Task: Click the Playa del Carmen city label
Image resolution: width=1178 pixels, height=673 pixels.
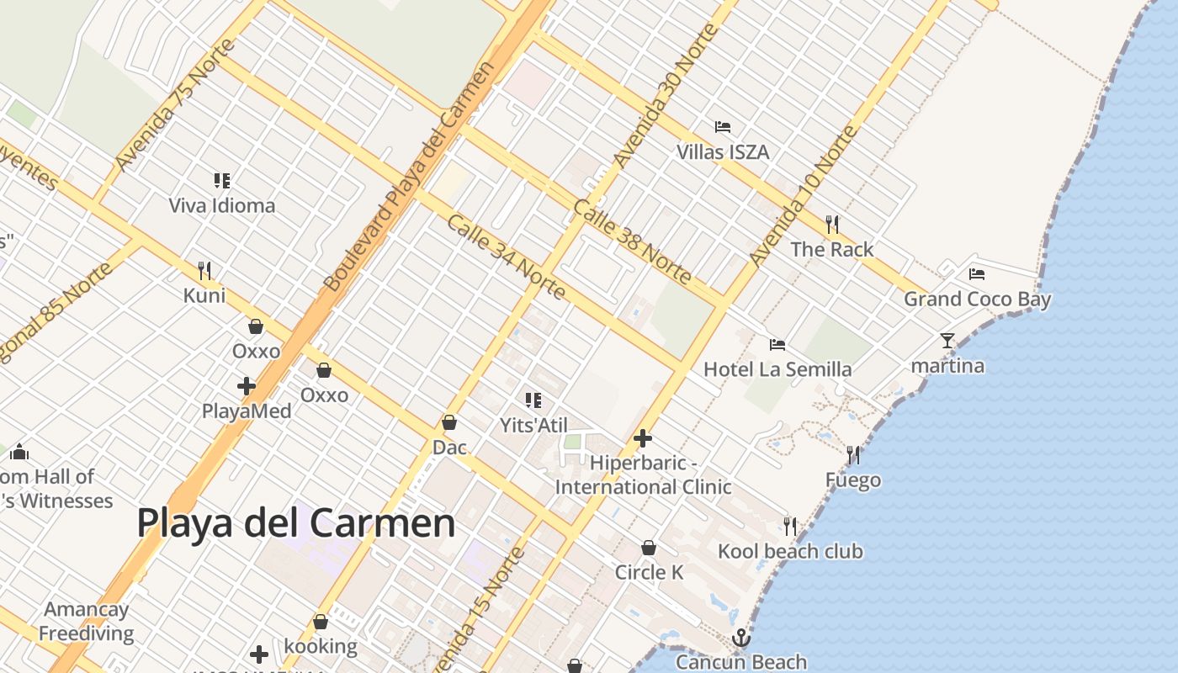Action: [295, 523]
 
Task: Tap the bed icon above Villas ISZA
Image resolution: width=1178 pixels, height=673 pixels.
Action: [722, 127]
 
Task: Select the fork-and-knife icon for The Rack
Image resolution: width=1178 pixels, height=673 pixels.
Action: [832, 224]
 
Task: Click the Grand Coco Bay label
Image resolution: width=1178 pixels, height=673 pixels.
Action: [977, 299]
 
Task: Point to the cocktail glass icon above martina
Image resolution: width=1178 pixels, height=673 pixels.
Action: [947, 341]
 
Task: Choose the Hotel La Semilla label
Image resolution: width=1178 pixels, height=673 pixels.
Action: [777, 369]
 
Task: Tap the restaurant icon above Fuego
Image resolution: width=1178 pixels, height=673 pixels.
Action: [853, 455]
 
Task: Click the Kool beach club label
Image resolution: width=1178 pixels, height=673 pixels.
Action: [790, 552]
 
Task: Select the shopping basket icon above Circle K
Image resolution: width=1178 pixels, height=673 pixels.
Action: [649, 548]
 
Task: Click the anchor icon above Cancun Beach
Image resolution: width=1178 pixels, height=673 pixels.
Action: [740, 638]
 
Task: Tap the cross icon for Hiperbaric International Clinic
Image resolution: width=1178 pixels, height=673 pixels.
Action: [643, 438]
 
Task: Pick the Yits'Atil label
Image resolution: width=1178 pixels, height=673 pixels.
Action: [534, 426]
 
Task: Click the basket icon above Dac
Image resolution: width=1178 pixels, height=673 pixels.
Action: [449, 422]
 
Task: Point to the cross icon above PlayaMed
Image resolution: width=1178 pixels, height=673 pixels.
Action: [247, 386]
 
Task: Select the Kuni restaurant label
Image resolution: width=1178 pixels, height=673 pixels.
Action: [204, 295]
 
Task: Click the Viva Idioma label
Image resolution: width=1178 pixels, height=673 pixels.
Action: [221, 205]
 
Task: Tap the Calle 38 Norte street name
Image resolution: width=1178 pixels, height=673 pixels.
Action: [633, 241]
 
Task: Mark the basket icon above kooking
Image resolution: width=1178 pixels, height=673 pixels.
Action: [320, 622]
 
